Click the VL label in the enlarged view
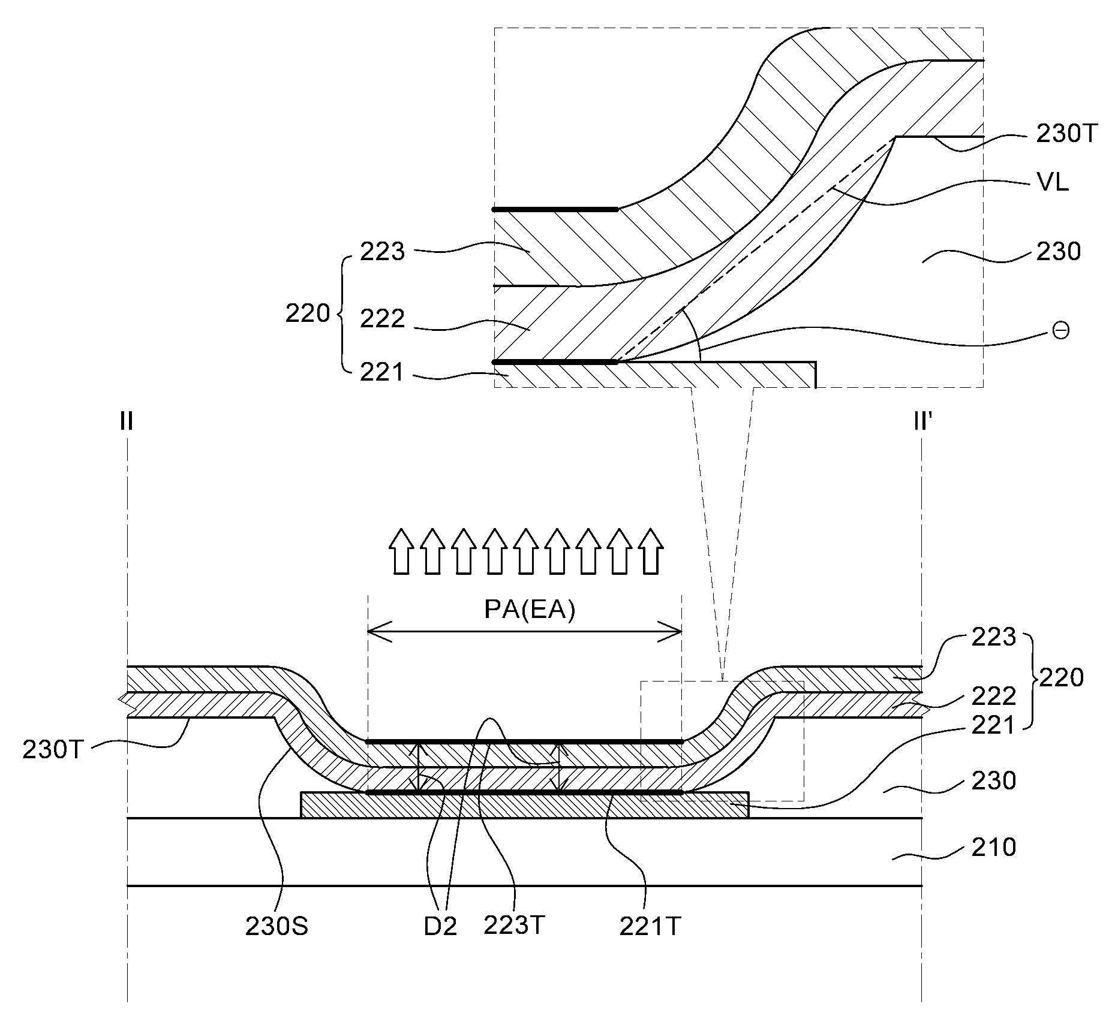coord(1053,182)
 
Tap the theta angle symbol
coord(1061,331)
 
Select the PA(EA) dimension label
coord(530,610)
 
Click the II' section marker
coord(922,422)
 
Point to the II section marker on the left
coord(126,422)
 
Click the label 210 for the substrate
coord(994,848)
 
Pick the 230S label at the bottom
coord(277,927)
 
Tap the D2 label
coord(440,927)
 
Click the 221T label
coord(650,927)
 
